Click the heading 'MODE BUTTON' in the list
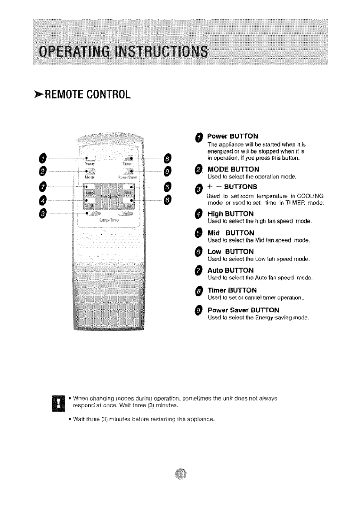(x=233, y=169)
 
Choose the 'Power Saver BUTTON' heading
(x=243, y=310)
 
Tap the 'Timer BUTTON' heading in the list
(x=232, y=290)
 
